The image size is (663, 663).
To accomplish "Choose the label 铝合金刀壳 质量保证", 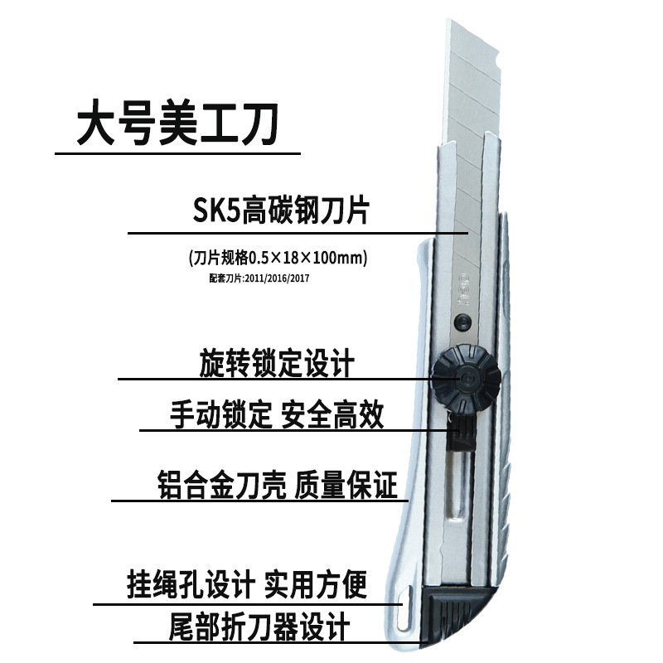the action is point(277,483).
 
